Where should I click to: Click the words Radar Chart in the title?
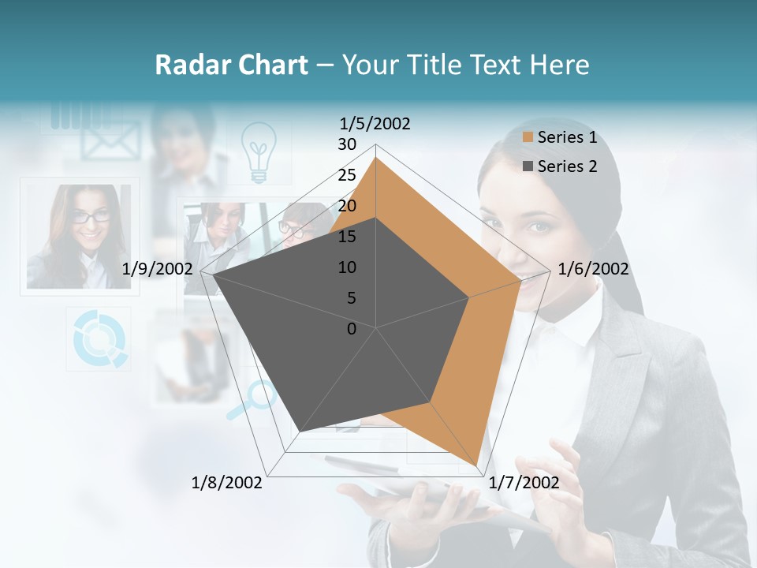pos(231,65)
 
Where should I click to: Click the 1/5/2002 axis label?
pos(375,123)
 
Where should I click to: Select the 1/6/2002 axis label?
pos(593,269)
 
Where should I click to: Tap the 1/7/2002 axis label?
pos(524,482)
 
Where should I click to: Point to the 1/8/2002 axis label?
pos(227,482)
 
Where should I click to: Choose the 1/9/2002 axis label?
pos(157,269)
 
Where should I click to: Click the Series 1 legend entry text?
pos(567,137)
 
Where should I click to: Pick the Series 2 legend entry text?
pos(567,166)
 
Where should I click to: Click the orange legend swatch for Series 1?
pos(528,138)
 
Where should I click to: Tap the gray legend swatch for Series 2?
pos(528,166)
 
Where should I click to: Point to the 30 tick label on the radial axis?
pos(346,144)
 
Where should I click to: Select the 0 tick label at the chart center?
pos(352,328)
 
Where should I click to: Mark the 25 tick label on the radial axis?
pos(346,175)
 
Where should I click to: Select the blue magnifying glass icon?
pos(252,398)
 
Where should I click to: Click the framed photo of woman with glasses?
pos(79,235)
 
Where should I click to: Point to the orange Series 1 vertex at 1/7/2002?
pos(477,465)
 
